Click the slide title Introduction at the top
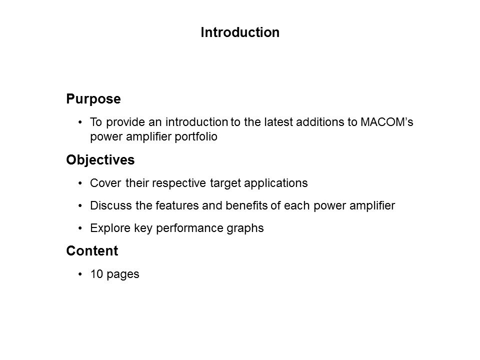pos(239,32)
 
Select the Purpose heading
pos(93,99)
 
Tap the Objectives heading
pos(100,160)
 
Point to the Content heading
pos(92,251)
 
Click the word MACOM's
pos(386,122)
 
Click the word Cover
pos(103,183)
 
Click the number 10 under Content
pos(95,274)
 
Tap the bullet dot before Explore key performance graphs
pos(81,228)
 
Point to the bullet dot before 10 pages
pos(81,274)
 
